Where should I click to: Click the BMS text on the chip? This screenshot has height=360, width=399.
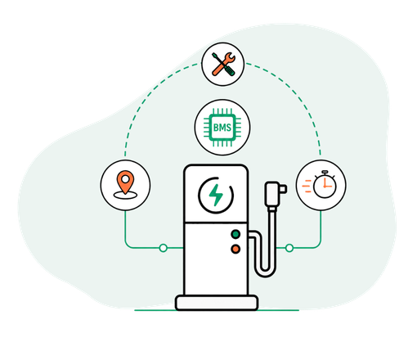(x=222, y=128)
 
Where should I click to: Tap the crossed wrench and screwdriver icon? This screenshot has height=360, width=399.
(x=223, y=64)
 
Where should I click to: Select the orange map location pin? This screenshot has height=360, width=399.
(x=125, y=182)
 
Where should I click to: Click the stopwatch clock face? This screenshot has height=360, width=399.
(x=325, y=187)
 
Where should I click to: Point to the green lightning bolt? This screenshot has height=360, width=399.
(x=216, y=195)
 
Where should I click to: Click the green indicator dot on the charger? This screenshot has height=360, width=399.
(x=235, y=234)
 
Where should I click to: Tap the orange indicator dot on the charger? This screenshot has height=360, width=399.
(x=235, y=249)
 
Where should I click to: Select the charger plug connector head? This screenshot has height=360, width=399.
(x=275, y=194)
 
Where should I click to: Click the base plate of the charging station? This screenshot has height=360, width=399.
(x=217, y=303)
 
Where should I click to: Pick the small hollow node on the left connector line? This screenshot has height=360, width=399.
(x=164, y=248)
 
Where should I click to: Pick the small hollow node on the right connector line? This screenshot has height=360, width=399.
(x=289, y=248)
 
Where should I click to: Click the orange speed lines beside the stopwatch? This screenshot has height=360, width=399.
(x=307, y=187)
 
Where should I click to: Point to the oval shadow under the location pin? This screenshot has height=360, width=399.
(x=125, y=195)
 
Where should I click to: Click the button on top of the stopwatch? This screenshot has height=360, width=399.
(x=325, y=173)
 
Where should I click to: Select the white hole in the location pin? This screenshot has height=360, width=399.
(x=125, y=179)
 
